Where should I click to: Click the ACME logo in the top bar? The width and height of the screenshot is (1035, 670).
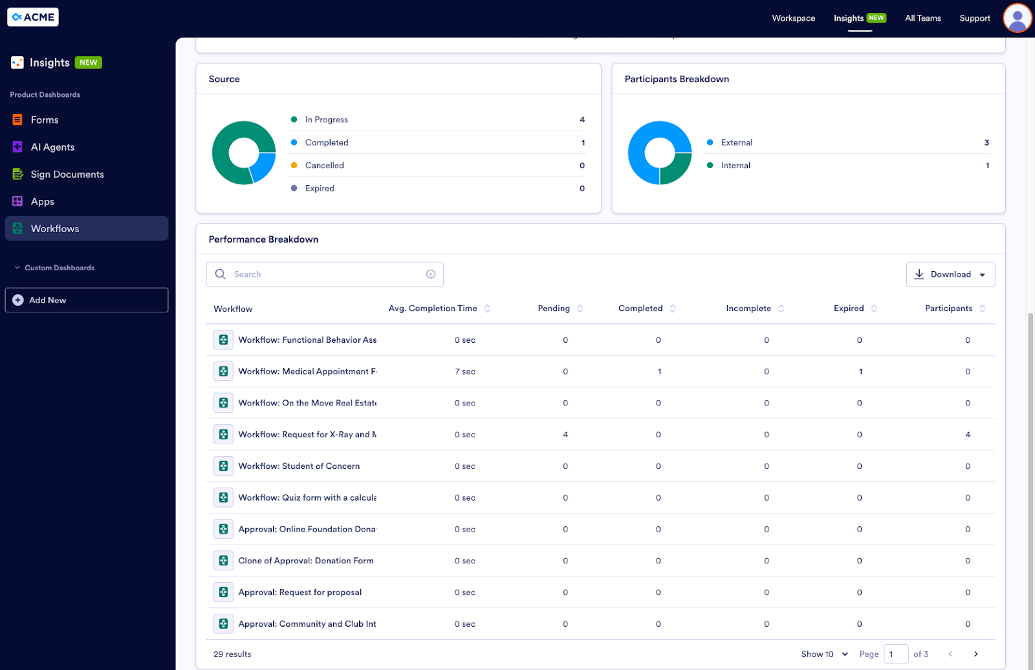point(33,17)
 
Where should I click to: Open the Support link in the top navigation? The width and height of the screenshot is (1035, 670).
point(974,18)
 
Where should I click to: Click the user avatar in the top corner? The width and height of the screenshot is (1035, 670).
point(1017,18)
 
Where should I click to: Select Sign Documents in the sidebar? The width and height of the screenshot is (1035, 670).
point(67,175)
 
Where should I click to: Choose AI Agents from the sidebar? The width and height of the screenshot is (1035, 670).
point(52,147)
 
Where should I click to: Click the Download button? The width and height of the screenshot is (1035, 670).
point(950,274)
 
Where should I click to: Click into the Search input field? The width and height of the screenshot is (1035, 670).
point(323,274)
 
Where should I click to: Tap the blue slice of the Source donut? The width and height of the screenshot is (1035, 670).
point(263,166)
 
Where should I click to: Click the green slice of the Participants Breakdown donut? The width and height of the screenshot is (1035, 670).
point(675,169)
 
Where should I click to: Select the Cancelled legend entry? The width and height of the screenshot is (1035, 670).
point(324,166)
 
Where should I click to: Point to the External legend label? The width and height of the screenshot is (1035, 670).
point(736,142)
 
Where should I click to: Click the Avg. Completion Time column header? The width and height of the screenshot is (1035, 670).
point(433,308)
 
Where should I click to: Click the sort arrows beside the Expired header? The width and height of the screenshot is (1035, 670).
point(874,308)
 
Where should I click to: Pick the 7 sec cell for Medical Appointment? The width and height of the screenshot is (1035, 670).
point(464,372)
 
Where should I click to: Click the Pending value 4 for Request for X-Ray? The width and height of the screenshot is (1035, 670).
point(565,435)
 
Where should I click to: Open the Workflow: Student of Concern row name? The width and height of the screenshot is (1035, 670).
point(299,466)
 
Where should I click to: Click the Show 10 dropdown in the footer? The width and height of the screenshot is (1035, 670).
point(824,654)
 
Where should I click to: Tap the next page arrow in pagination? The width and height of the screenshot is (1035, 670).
point(975,654)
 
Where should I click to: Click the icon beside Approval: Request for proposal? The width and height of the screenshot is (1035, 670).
point(223,592)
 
